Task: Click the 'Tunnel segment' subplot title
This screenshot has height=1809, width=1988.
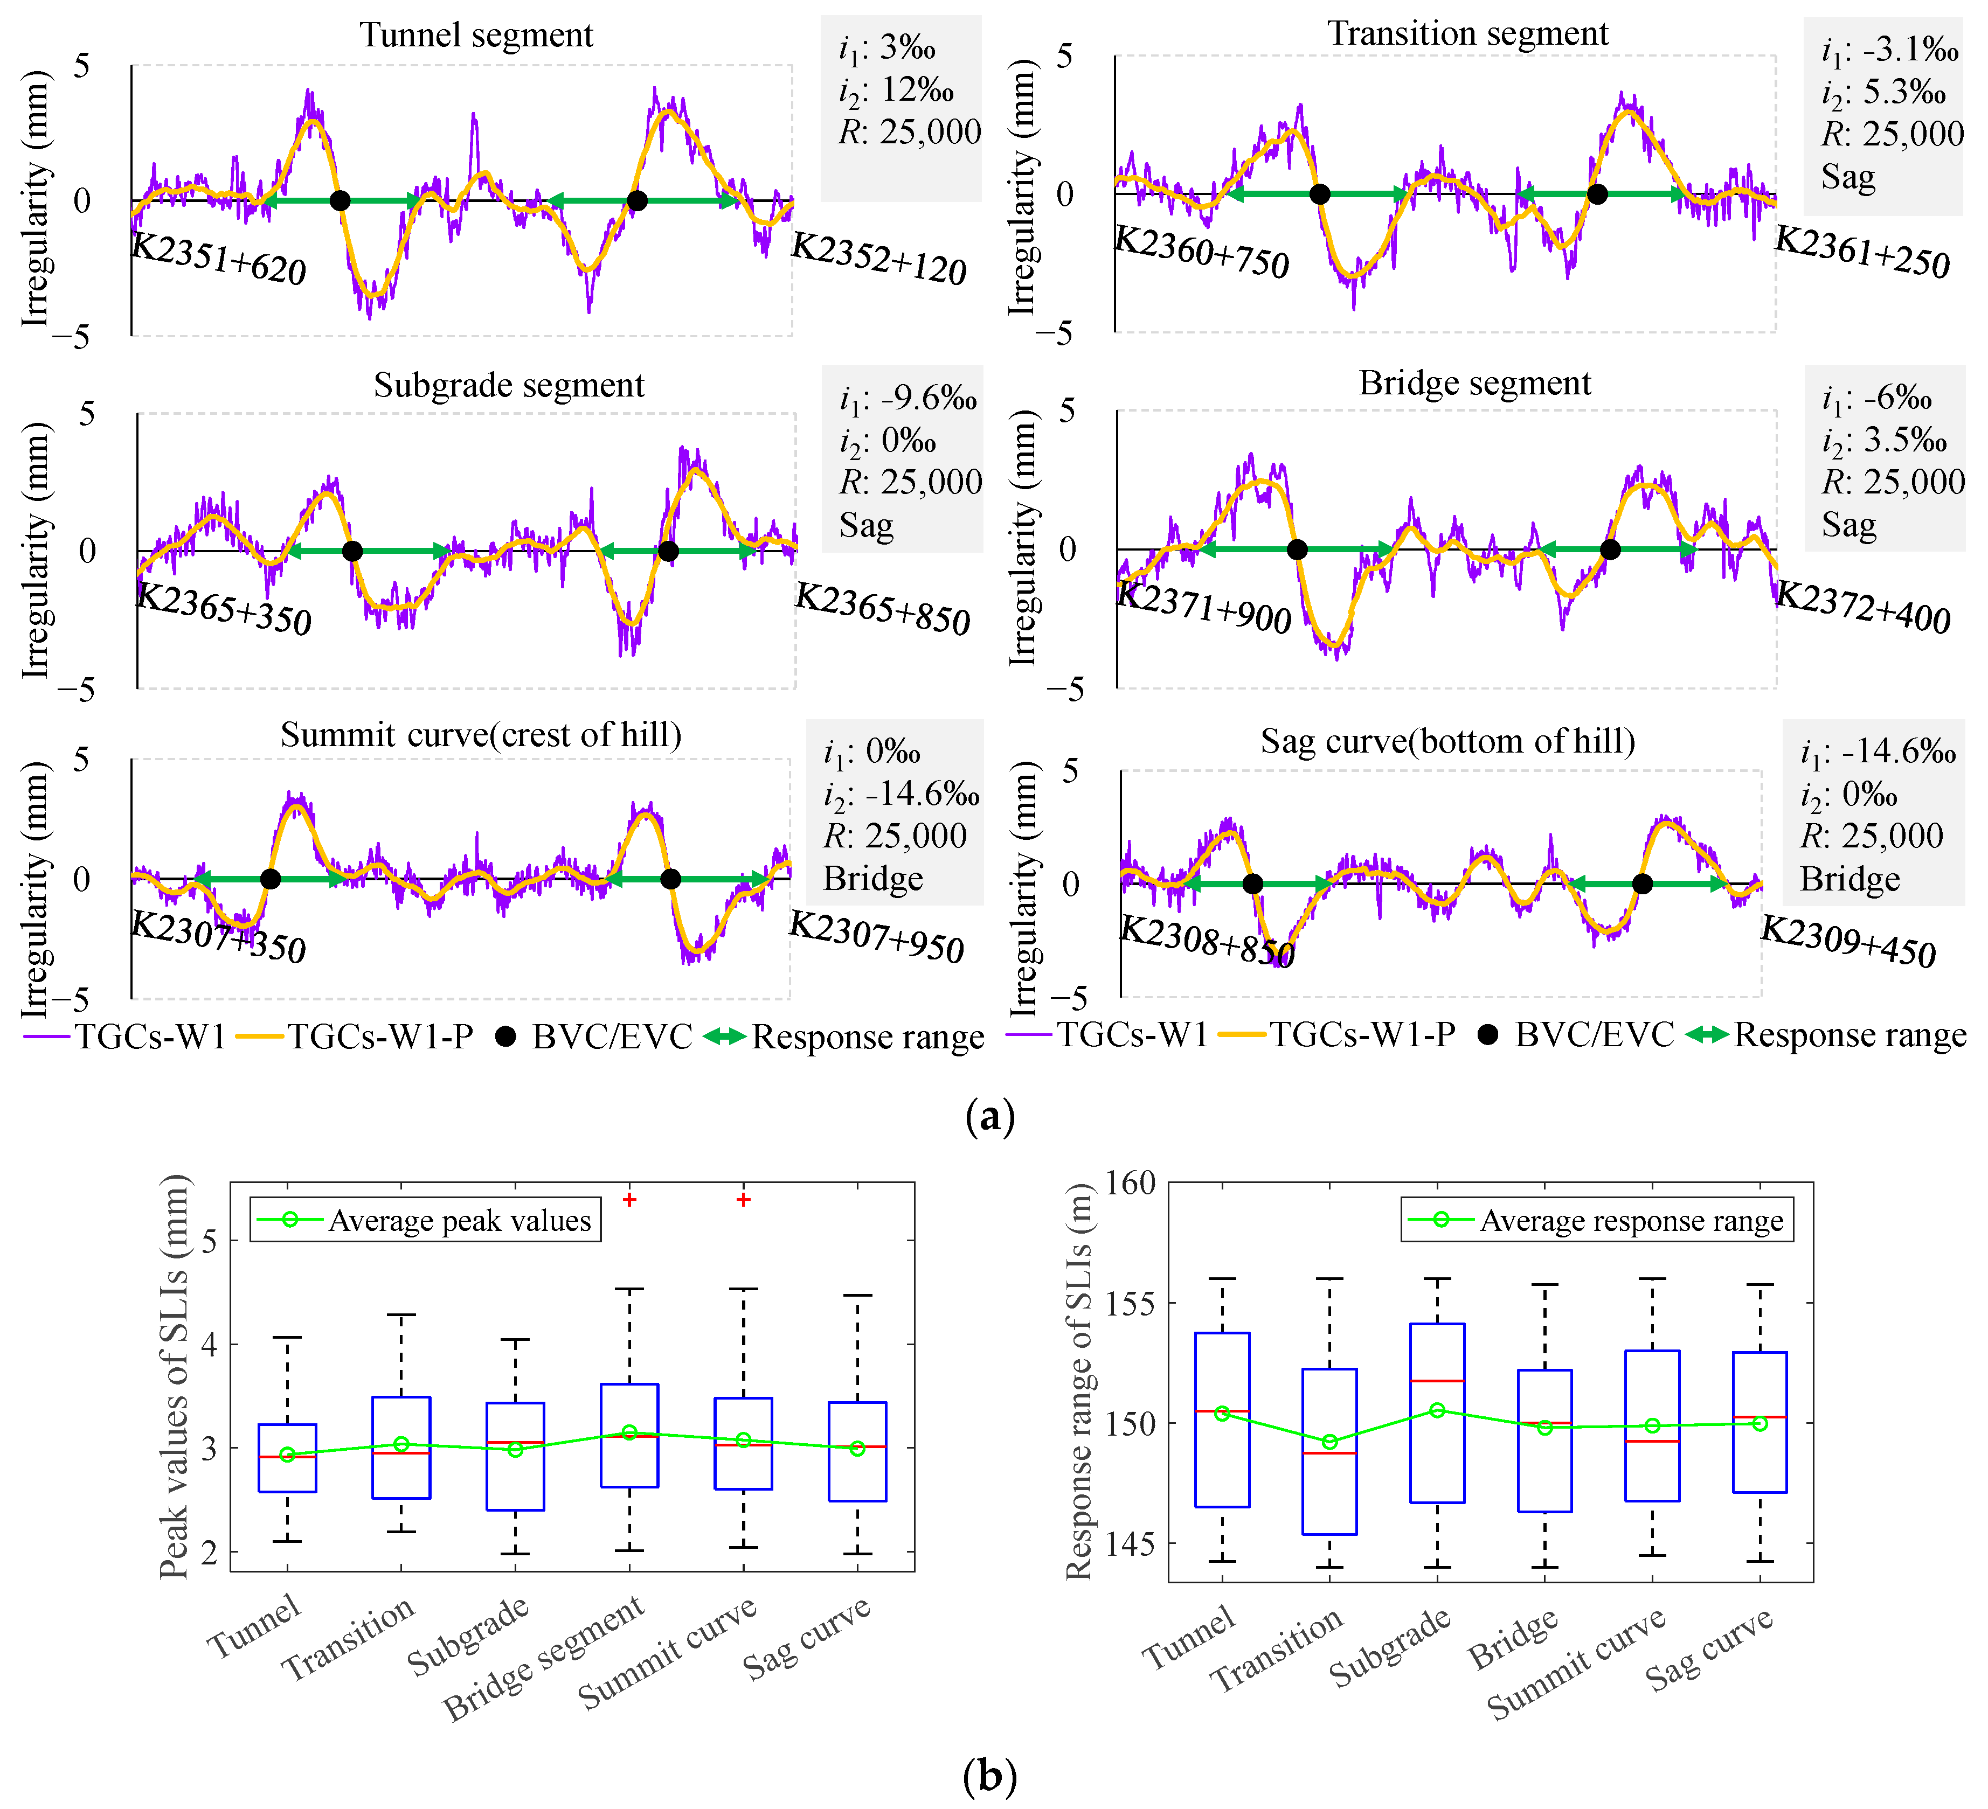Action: coord(476,36)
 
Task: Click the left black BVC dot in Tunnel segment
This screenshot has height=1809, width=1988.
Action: coord(339,201)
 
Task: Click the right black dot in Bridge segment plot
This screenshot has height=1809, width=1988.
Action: coord(1609,549)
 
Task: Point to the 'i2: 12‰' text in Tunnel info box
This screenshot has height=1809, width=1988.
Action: coord(896,91)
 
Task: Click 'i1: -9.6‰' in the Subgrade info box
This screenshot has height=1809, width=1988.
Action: coord(907,399)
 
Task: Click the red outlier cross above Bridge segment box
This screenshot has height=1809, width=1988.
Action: coord(629,1200)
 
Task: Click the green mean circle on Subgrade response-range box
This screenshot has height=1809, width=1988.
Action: coord(1437,1411)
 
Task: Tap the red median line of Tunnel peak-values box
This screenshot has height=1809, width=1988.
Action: coord(287,1456)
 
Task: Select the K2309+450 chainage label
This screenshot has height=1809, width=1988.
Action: coord(1848,942)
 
